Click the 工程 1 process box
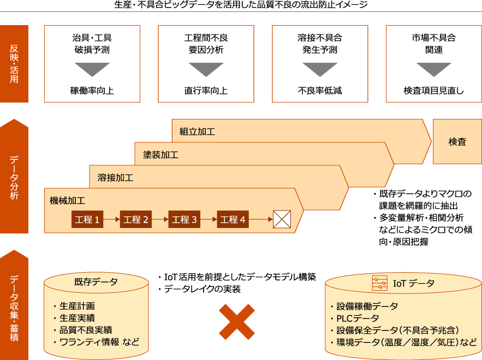(x=87, y=220)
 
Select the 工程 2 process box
(x=135, y=220)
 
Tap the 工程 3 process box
(x=184, y=220)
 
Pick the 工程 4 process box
(x=233, y=220)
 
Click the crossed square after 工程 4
(x=282, y=219)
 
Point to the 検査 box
(x=457, y=142)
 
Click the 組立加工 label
(x=197, y=131)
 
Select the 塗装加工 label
(x=160, y=155)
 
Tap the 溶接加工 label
(x=115, y=178)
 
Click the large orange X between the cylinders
(x=237, y=322)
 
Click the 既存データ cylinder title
(x=96, y=282)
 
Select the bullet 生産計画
(x=77, y=307)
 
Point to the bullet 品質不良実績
(x=82, y=330)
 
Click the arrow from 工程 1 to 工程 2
(x=111, y=220)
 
